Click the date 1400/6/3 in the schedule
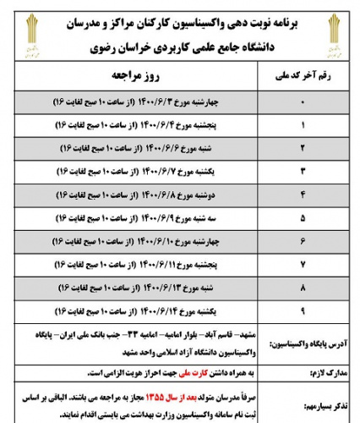pos(174,103)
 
